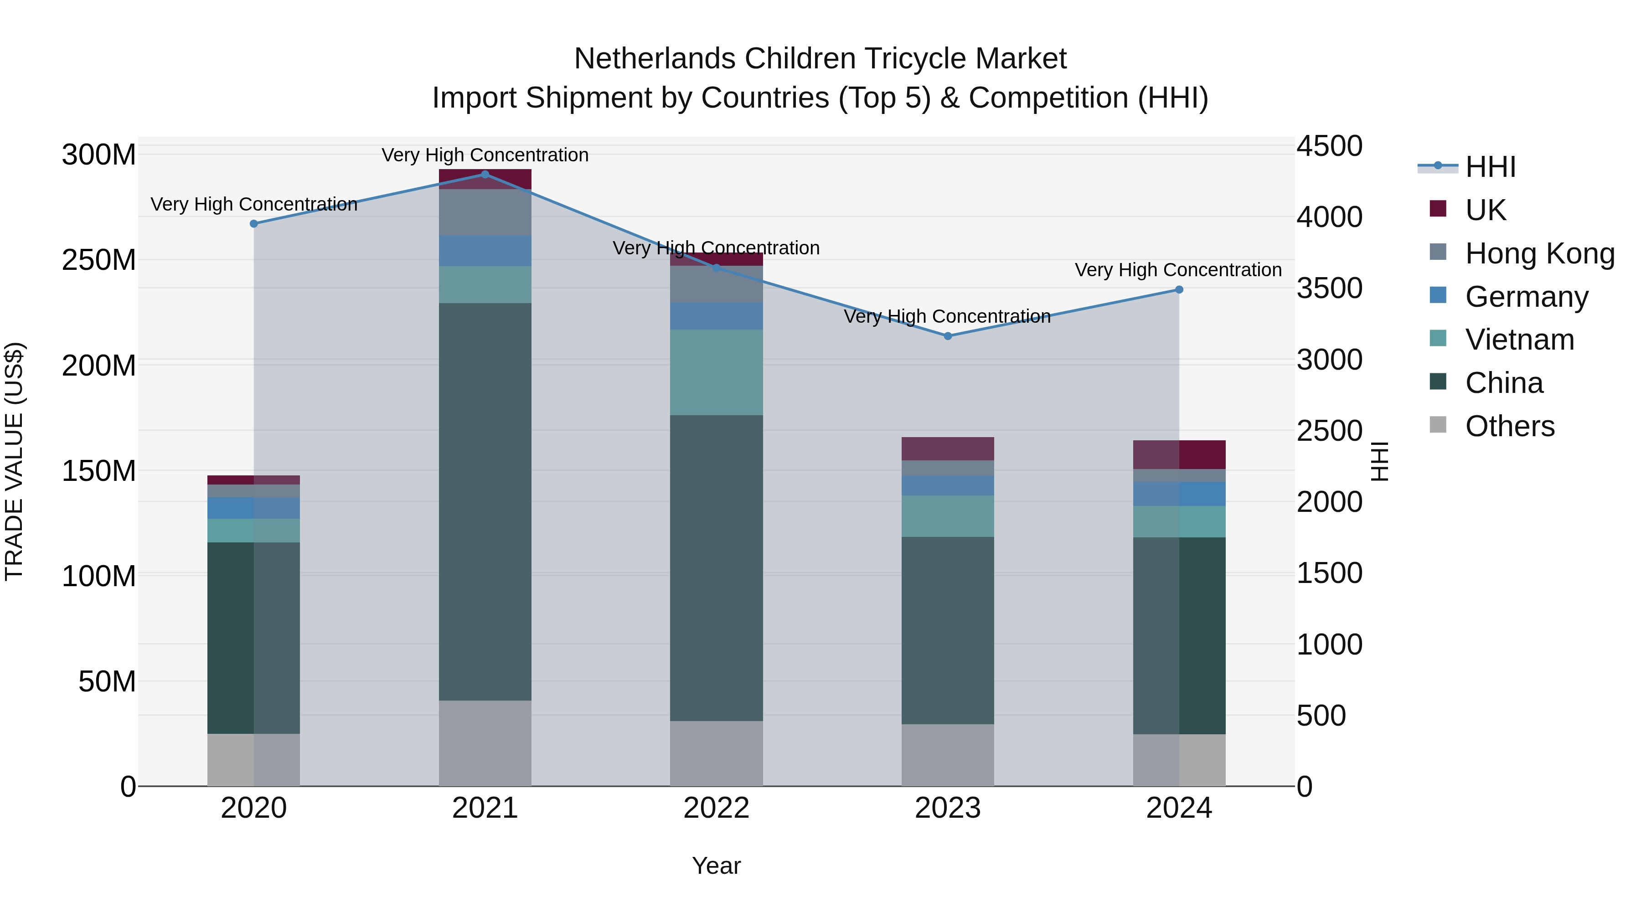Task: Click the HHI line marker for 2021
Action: [485, 175]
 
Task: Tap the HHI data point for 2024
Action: [1178, 290]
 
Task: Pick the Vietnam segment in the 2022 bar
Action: [716, 373]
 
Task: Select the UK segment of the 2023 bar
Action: [947, 449]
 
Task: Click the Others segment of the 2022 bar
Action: [716, 753]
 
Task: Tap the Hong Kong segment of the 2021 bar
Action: [485, 212]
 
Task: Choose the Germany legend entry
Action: [1526, 297]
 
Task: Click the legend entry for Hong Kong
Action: [1539, 253]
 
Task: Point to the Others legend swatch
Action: [1438, 425]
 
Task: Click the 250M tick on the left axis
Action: [99, 260]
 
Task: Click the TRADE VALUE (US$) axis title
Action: [14, 461]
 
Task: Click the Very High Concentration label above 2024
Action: [1178, 270]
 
